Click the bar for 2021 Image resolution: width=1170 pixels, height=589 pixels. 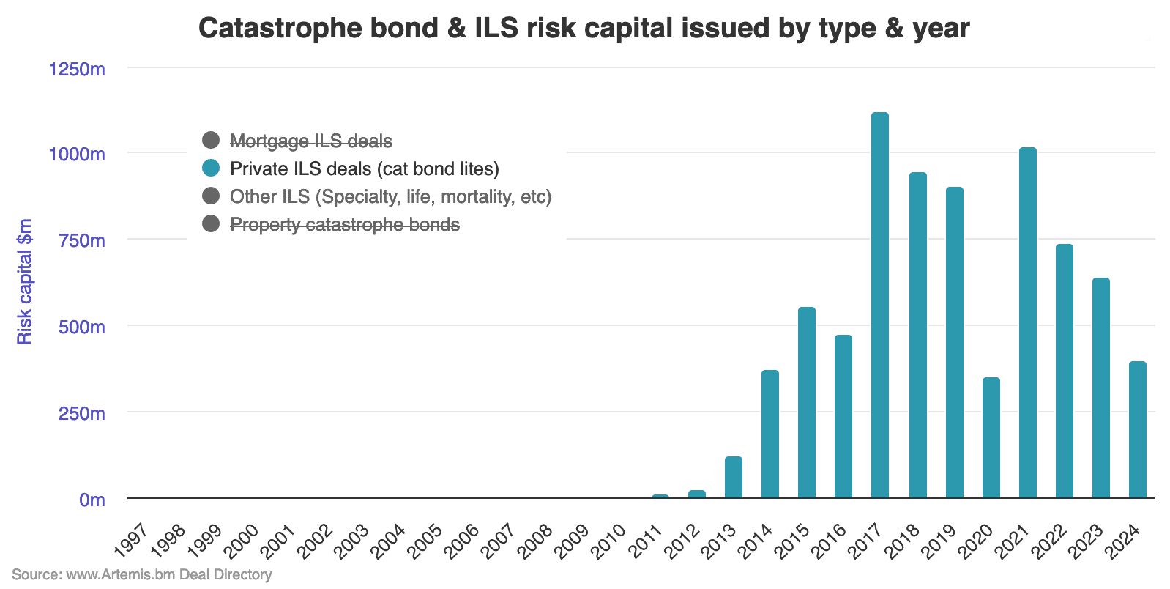point(1027,323)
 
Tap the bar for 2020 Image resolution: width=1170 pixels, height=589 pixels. point(991,438)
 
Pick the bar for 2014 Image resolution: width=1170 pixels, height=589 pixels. point(770,434)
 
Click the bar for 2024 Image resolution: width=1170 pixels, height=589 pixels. point(1137,430)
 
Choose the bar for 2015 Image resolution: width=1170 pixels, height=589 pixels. point(806,403)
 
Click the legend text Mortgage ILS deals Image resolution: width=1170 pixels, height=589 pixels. point(310,141)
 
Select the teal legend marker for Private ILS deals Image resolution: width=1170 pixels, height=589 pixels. point(211,168)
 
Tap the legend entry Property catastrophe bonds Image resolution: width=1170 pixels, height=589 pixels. point(344,224)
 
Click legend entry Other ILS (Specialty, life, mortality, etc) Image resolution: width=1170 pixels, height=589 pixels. point(390,196)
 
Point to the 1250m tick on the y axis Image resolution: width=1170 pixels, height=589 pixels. point(77,69)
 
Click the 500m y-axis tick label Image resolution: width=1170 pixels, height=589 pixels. point(82,327)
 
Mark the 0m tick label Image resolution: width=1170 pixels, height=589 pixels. point(92,500)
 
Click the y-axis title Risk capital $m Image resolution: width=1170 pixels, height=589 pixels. point(25,281)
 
